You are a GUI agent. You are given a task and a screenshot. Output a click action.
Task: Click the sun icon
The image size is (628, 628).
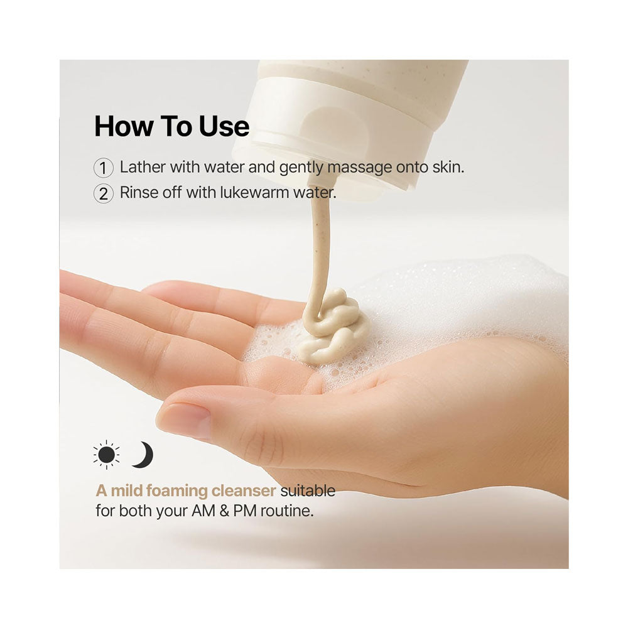106,455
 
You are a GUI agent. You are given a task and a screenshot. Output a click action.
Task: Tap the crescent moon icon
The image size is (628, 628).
144,455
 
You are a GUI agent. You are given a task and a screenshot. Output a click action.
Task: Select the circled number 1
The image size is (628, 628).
104,168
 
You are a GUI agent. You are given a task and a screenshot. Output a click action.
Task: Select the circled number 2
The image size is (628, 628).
104,193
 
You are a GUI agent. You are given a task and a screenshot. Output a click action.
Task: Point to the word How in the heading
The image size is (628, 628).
123,126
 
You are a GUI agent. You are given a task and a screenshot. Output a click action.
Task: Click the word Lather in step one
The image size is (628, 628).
143,167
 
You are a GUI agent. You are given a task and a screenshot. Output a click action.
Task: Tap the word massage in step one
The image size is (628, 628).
359,168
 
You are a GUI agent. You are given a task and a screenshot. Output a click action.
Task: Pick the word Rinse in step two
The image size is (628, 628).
137,192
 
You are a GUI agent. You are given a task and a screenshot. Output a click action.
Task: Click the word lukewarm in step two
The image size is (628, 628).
254,192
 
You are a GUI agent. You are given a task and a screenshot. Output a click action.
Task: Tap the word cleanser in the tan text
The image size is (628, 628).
244,491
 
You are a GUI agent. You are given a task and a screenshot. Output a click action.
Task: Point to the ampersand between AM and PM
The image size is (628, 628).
224,511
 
